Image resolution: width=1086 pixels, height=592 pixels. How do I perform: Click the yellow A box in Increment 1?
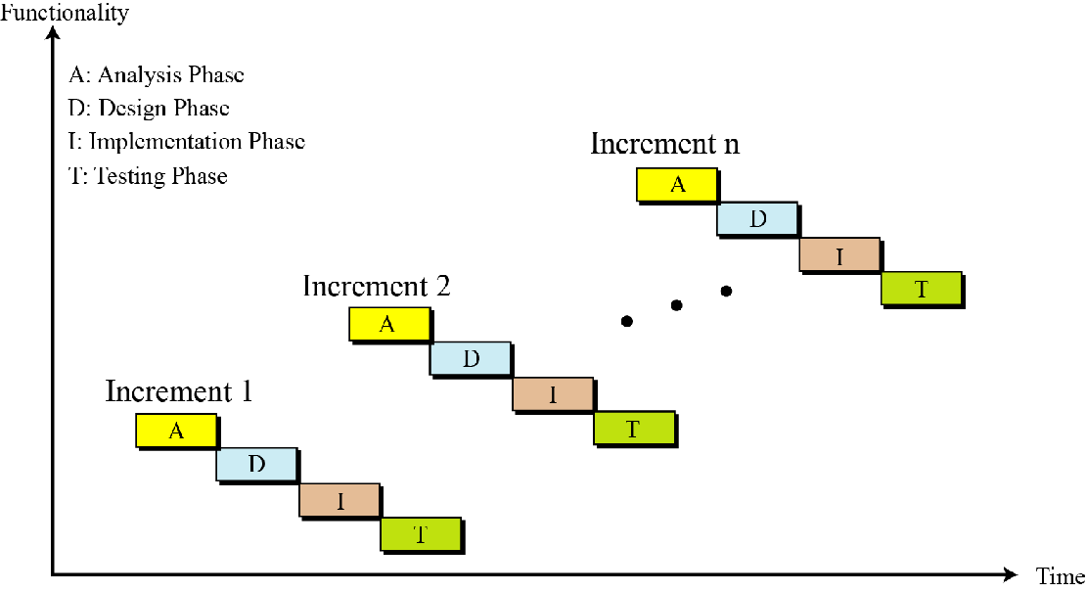click(x=176, y=431)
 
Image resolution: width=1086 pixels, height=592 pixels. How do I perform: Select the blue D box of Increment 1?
click(x=256, y=465)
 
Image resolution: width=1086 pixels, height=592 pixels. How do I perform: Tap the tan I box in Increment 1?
click(x=339, y=500)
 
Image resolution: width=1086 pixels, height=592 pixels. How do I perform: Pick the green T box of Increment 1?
click(x=421, y=534)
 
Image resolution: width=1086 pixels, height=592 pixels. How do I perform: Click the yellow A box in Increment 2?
click(x=388, y=325)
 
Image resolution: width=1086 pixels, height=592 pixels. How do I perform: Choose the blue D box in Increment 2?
click(x=471, y=359)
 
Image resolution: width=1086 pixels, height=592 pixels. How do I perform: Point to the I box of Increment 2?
click(x=553, y=393)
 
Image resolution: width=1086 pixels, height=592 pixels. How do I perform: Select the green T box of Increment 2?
click(x=634, y=428)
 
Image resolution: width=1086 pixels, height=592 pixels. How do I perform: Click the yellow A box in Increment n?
click(x=677, y=184)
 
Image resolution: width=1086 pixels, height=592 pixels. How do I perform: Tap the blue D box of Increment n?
click(x=757, y=219)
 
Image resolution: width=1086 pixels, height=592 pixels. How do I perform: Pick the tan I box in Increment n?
click(x=839, y=254)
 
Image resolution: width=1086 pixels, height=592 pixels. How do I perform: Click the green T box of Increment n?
click(x=921, y=289)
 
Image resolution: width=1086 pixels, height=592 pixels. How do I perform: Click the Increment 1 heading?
click(x=179, y=391)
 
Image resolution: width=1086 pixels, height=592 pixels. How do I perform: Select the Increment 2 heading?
click(x=377, y=286)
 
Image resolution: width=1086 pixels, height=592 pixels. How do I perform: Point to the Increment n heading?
click(x=665, y=144)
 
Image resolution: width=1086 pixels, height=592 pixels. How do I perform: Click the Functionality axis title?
click(x=65, y=14)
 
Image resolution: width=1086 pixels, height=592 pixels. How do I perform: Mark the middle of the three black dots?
click(x=676, y=305)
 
